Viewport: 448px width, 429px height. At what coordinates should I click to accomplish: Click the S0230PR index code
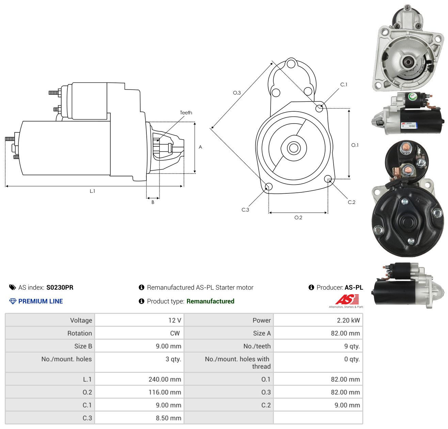coord(60,287)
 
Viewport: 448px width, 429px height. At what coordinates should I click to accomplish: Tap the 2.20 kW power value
coord(348,320)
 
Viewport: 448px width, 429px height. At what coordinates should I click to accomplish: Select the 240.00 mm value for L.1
coord(165,379)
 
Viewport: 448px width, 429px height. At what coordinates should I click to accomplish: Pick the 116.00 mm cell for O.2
coord(165,392)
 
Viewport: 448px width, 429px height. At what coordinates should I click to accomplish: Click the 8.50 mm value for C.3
coord(168,418)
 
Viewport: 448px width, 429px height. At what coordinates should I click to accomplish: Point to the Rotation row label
coord(79,333)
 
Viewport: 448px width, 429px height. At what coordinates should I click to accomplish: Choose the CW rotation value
coord(175,333)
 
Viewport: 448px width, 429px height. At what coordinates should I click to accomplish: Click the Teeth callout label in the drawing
coord(186,113)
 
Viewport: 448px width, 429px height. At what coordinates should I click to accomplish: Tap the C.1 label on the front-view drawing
coord(343,84)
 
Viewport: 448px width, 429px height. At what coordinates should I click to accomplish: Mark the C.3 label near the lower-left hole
coord(245,210)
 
